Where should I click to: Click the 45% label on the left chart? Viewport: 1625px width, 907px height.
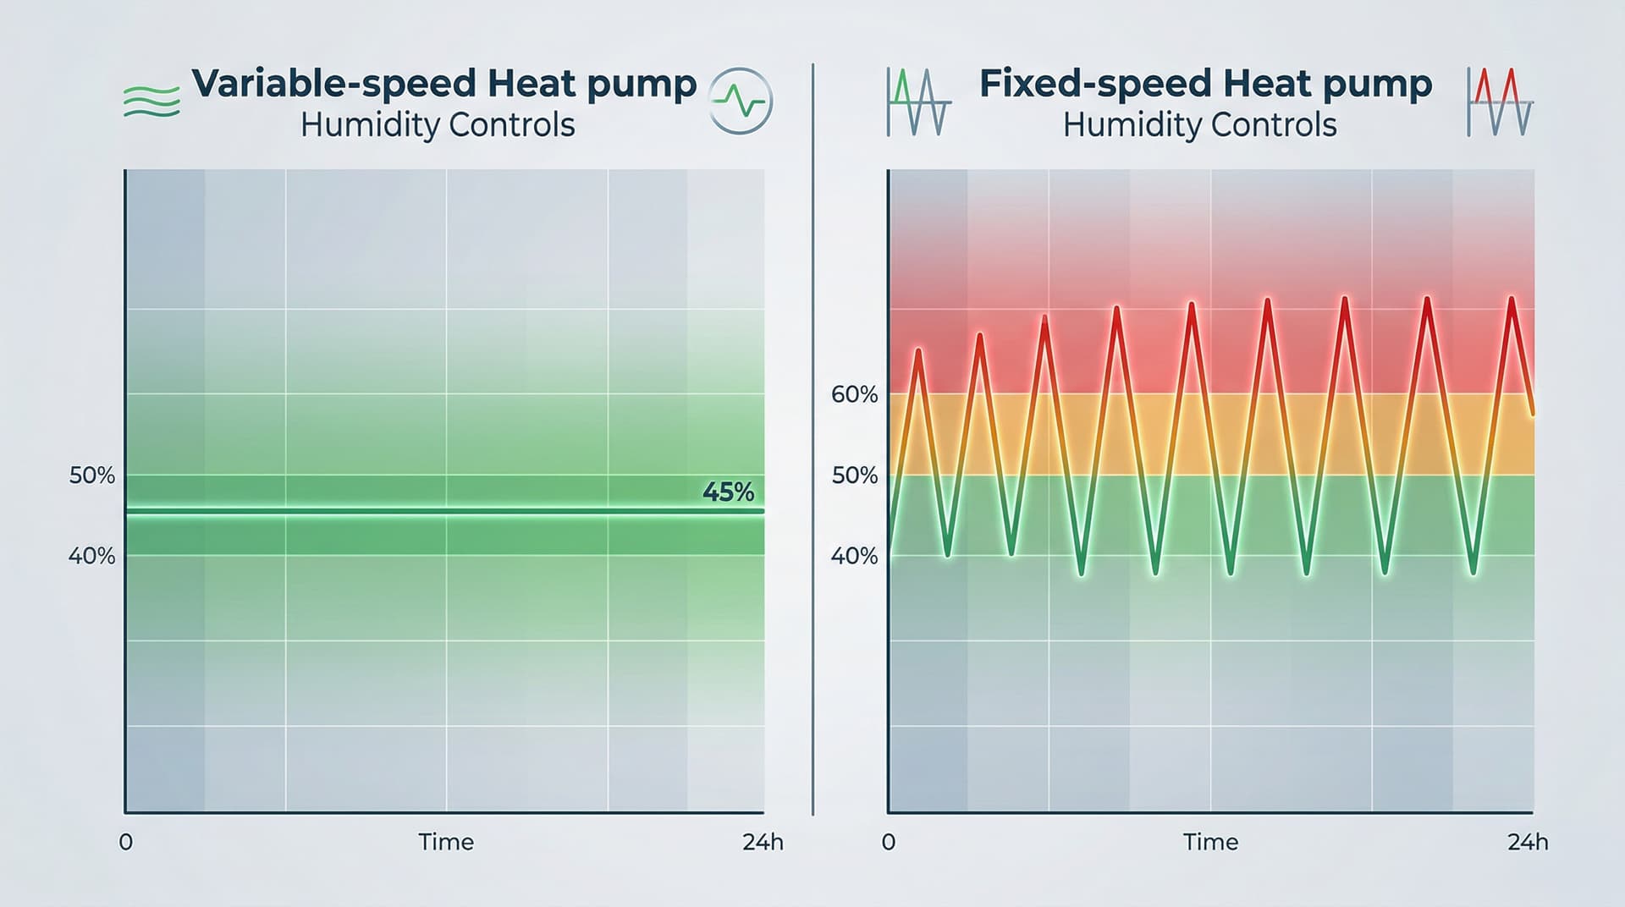pos(728,492)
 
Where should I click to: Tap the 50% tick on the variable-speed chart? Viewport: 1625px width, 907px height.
pos(91,475)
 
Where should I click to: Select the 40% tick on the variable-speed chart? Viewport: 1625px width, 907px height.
pos(91,556)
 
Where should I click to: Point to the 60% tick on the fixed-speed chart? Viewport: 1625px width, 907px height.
pos(854,394)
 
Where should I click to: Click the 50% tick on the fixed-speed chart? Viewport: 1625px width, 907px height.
pos(854,475)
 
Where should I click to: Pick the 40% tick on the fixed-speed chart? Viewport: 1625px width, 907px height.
pos(854,556)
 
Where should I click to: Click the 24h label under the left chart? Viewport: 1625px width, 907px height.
pos(763,842)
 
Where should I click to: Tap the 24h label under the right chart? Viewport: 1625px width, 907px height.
pos(1528,842)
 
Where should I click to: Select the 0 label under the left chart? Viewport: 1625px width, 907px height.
pos(125,842)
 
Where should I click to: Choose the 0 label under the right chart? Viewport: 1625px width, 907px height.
pos(888,842)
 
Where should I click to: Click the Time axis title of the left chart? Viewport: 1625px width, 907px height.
pos(446,842)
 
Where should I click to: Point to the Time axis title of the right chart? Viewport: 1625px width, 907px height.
pos(1210,842)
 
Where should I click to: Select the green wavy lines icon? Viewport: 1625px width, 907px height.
pos(151,102)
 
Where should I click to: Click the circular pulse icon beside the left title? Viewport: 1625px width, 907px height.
pos(740,102)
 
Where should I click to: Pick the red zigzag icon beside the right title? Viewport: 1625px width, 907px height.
pos(1500,102)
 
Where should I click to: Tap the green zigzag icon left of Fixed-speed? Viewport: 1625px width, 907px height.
pos(918,102)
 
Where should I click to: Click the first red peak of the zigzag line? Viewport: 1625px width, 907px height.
pos(918,349)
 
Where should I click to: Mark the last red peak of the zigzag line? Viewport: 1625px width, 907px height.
pos(1511,298)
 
